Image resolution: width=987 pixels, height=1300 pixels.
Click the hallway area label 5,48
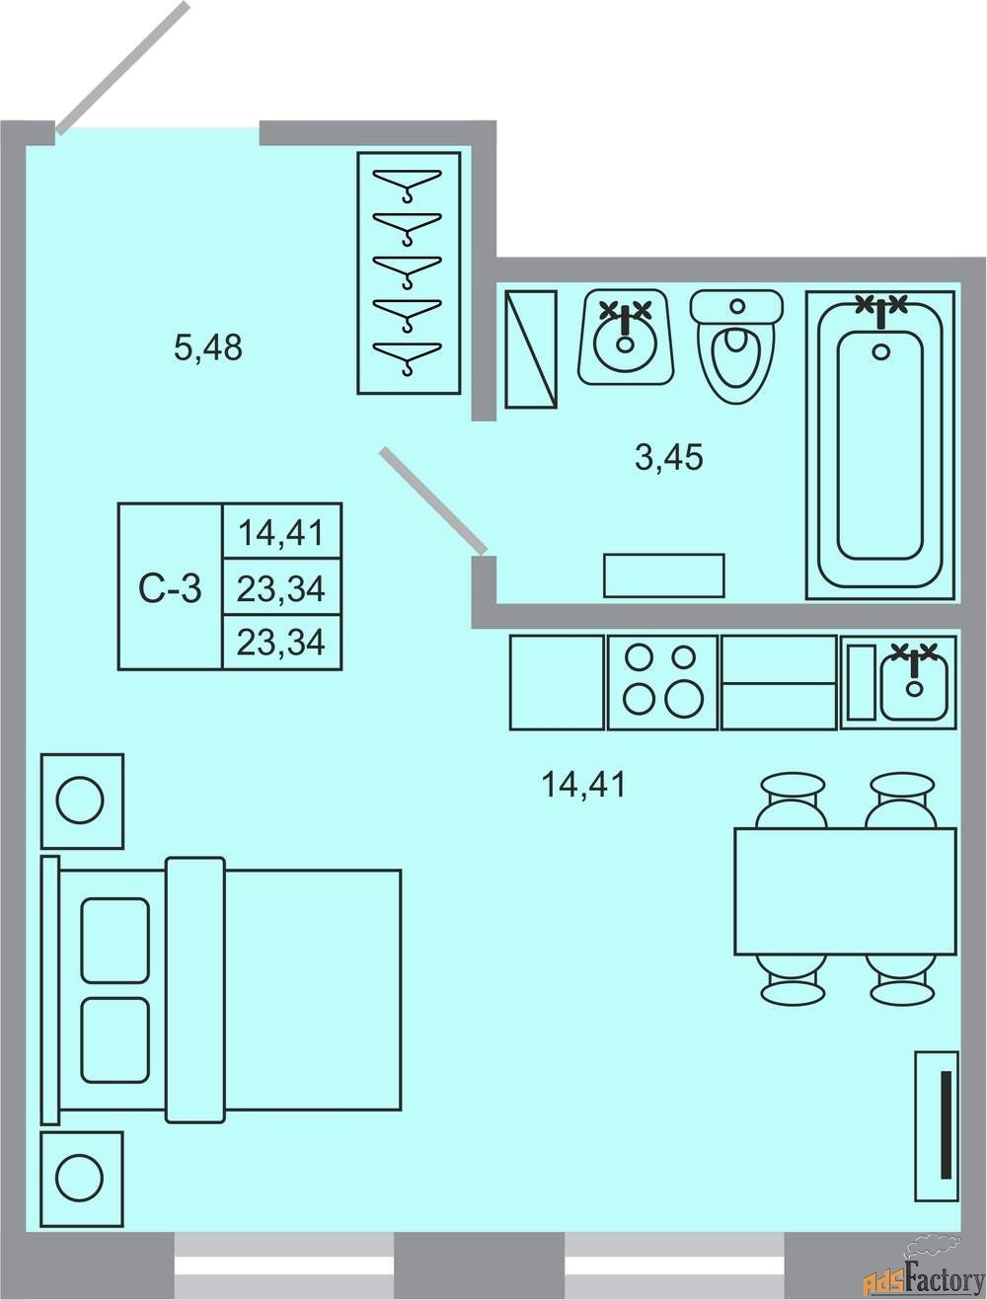pyautogui.click(x=208, y=347)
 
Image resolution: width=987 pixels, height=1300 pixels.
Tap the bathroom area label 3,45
pyautogui.click(x=668, y=457)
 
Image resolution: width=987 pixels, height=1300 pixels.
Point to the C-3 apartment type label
pyautogui.click(x=170, y=588)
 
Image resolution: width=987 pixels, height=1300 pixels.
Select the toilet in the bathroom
pyautogui.click(x=736, y=345)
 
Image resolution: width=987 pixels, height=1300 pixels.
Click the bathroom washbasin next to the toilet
pyautogui.click(x=626, y=337)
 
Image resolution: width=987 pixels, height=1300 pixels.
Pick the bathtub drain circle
pyautogui.click(x=881, y=351)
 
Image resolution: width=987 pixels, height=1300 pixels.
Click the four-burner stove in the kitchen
pyautogui.click(x=662, y=682)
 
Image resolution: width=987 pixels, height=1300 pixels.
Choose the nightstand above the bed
pyautogui.click(x=82, y=801)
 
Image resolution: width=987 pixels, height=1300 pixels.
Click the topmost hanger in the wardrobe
pyautogui.click(x=408, y=182)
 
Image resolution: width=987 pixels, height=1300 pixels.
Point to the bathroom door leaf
pyautogui.click(x=433, y=501)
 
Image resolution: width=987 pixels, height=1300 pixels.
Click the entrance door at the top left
pyautogui.click(x=123, y=68)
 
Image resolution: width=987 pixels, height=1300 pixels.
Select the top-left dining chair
pyautogui.click(x=793, y=801)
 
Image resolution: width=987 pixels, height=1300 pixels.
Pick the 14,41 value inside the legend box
pyautogui.click(x=281, y=532)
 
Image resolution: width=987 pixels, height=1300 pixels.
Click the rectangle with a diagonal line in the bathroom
pyautogui.click(x=530, y=349)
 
